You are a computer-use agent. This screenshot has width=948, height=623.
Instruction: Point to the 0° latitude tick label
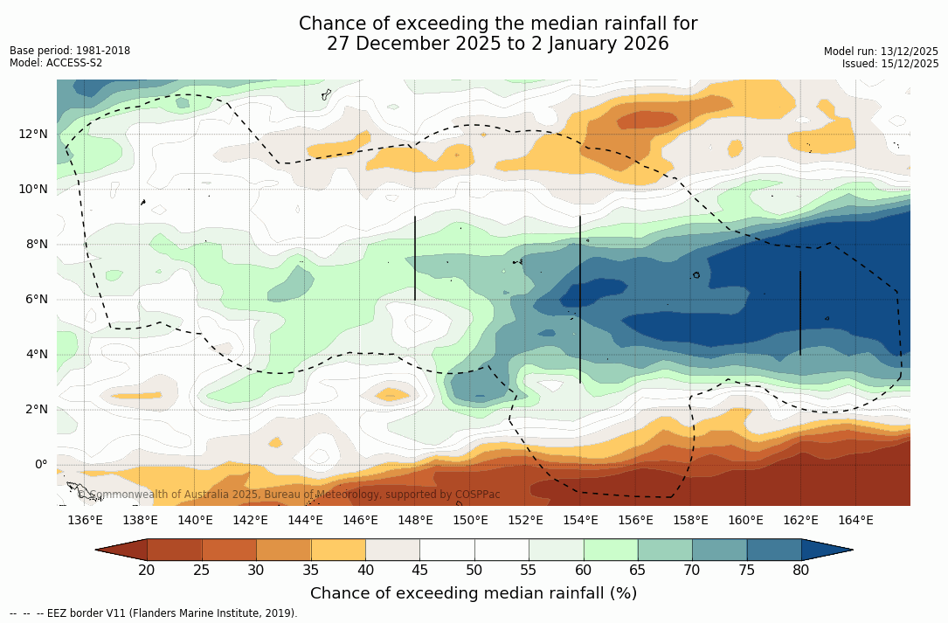[40, 464]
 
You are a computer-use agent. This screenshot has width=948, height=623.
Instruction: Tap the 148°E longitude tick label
[415, 521]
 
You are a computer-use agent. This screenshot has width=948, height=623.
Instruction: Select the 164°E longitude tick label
[855, 521]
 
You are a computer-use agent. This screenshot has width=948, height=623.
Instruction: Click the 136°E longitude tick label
[85, 521]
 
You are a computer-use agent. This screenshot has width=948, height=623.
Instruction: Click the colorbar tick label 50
[474, 571]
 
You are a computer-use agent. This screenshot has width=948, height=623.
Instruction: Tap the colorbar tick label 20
[147, 571]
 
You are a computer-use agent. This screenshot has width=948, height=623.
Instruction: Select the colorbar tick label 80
[801, 571]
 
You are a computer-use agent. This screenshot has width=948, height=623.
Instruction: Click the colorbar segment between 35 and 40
[338, 550]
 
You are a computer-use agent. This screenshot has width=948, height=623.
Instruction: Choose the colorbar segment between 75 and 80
[774, 550]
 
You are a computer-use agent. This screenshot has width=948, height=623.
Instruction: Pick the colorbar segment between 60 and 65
[611, 550]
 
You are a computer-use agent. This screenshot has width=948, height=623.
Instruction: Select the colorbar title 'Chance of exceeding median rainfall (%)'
[474, 593]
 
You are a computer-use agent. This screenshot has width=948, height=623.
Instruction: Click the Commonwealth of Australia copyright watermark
[288, 495]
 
